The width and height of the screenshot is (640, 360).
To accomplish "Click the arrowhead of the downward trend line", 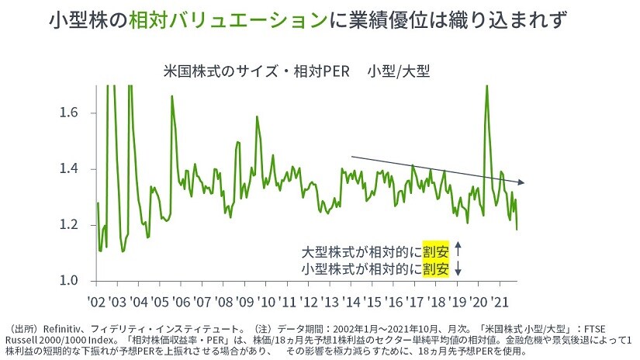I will [524, 183].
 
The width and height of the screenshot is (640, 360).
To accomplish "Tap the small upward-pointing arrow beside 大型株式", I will [458, 251].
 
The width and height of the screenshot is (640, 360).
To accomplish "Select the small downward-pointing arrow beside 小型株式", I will [458, 268].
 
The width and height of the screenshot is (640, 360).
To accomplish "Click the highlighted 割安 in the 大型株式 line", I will [436, 251].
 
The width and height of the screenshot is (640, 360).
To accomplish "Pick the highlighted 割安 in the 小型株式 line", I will [436, 268].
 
